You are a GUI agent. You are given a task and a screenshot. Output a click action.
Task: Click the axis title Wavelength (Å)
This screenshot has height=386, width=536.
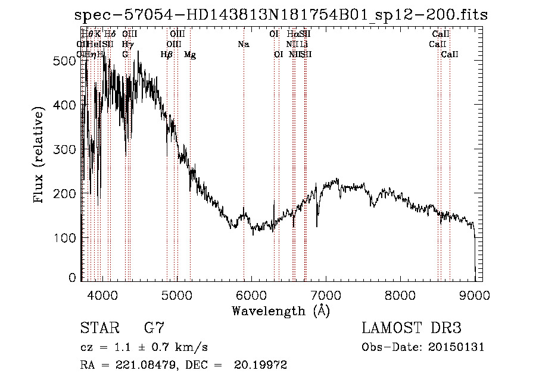[x=281, y=310]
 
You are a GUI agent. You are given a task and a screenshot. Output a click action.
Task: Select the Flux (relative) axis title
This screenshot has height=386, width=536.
[x=40, y=156]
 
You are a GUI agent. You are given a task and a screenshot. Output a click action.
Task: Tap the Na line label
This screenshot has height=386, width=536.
[x=243, y=44]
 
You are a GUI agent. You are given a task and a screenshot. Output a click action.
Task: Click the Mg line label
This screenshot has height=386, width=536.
[x=190, y=54]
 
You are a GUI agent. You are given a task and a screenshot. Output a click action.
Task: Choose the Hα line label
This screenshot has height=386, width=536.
[x=292, y=34]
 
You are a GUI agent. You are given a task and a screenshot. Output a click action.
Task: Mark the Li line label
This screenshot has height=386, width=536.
[x=304, y=44]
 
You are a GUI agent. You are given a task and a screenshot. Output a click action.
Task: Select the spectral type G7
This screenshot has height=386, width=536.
[x=154, y=328]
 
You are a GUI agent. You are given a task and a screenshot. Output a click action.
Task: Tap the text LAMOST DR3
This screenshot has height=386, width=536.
[x=412, y=328]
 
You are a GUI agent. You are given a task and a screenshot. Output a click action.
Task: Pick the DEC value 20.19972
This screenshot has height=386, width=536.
[x=264, y=365]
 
